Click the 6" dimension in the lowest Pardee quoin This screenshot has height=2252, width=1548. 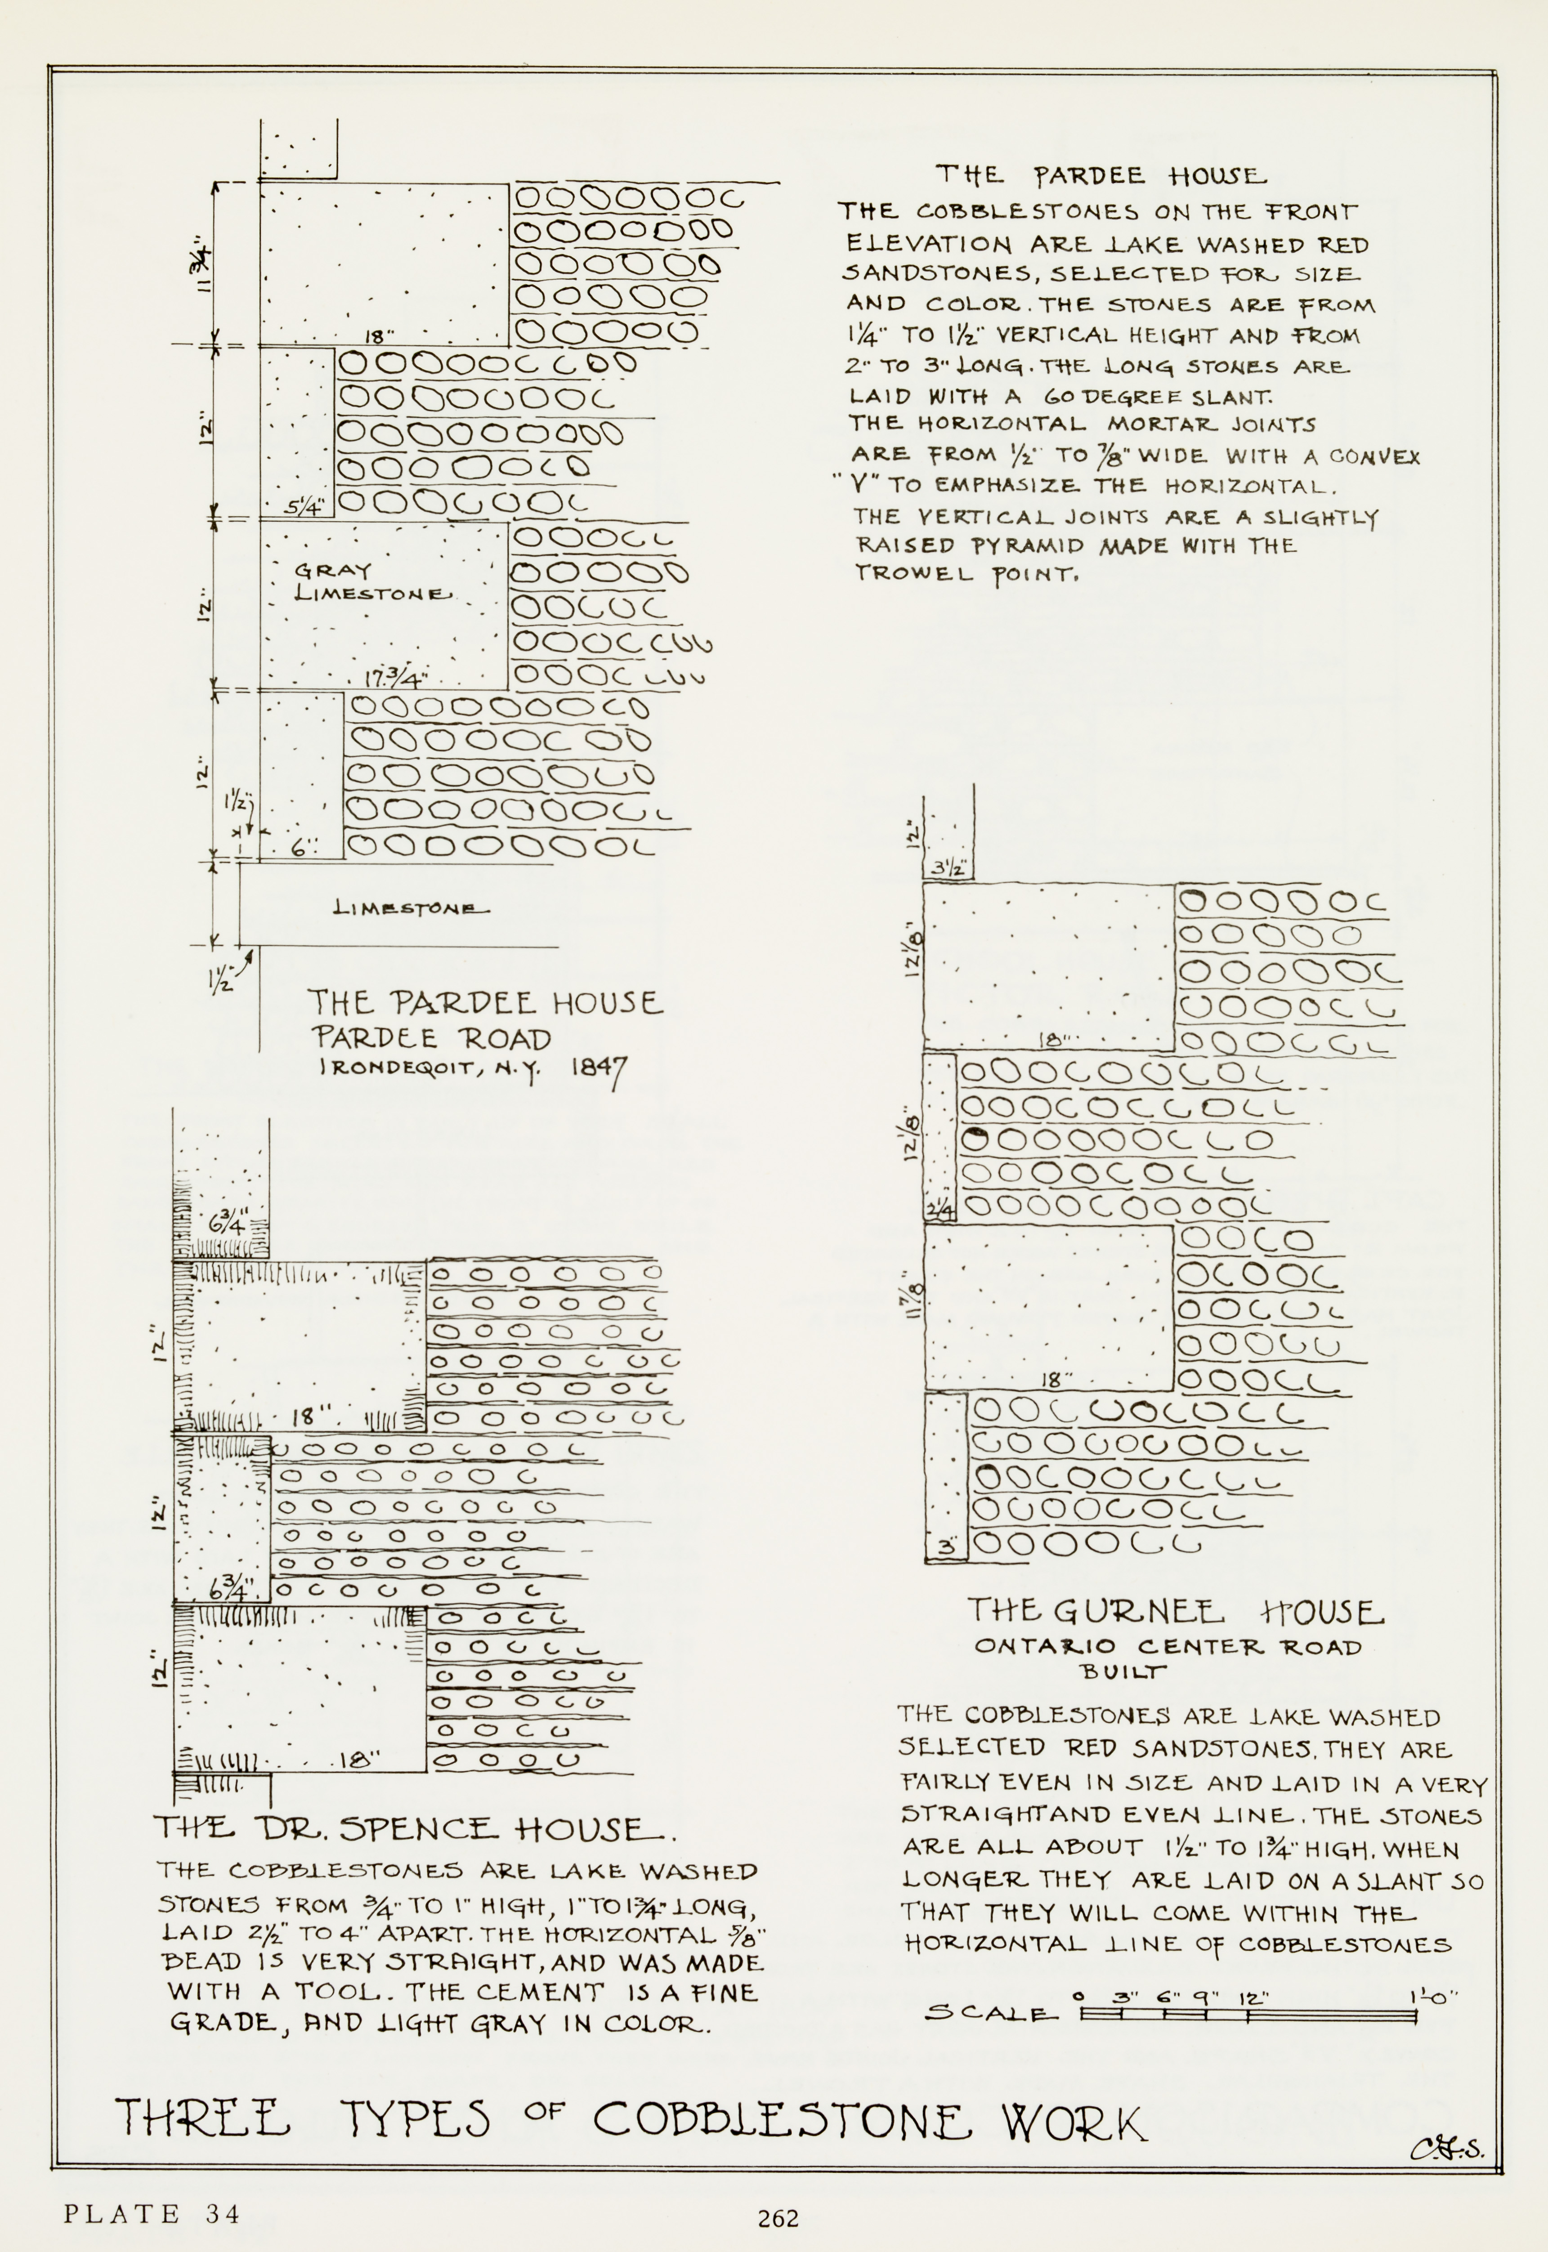(x=303, y=847)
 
